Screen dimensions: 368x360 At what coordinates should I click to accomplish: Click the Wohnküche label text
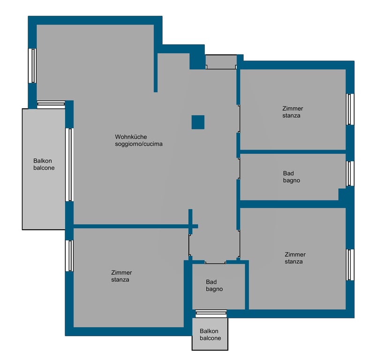pos(131,137)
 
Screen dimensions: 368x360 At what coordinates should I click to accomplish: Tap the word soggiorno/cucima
pos(139,144)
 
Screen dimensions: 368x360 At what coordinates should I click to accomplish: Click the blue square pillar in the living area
pos(198,122)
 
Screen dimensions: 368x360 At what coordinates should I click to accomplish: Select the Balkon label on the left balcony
pos(43,161)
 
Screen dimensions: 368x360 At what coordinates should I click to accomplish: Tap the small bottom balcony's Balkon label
pos(209,331)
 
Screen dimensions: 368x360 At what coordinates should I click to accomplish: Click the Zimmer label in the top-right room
pos(293,109)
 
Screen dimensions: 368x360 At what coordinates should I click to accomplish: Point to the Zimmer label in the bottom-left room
pos(121,273)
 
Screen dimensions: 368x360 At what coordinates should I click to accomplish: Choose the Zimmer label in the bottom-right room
pos(295,255)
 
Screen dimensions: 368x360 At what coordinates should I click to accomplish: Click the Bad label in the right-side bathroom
pos(288,173)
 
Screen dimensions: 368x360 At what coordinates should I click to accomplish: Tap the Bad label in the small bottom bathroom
pos(211,282)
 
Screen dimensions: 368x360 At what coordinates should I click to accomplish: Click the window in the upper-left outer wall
pos(32,66)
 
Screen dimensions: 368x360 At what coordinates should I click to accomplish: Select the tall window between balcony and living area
pos(69,165)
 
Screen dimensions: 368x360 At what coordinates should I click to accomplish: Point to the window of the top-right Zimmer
pos(350,109)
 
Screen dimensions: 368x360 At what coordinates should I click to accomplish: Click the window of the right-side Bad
pos(350,173)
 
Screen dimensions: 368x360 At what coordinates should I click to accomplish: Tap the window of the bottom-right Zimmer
pos(350,265)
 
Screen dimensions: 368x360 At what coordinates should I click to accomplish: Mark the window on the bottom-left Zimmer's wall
pos(69,256)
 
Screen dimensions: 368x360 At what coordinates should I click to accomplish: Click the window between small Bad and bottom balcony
pos(211,314)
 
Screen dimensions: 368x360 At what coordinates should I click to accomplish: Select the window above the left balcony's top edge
pos(51,105)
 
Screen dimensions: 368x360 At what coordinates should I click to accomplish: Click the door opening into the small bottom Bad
pos(216,263)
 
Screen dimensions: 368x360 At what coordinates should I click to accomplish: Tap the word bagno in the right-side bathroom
pos(292,180)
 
